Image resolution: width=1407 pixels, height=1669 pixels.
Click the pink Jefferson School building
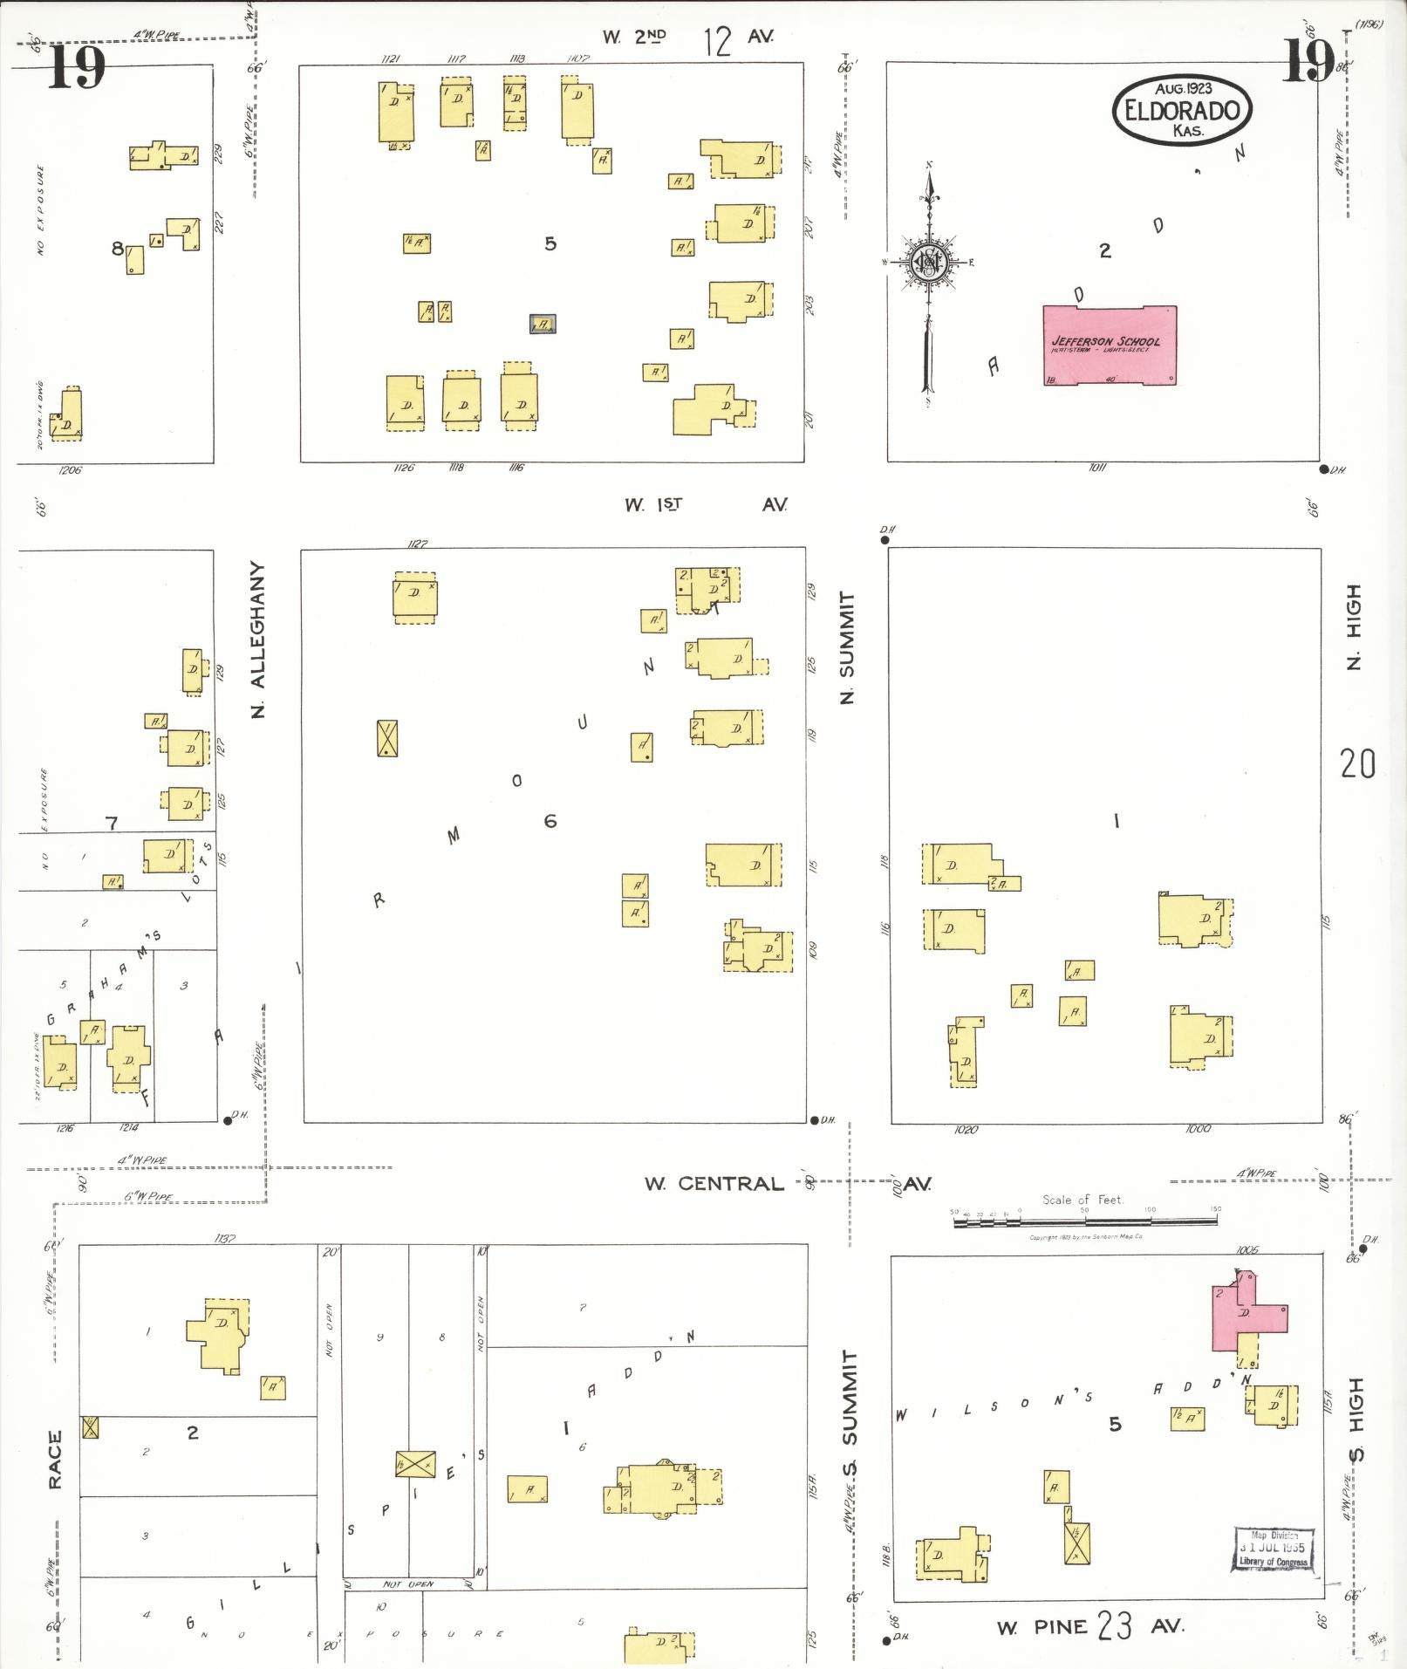coord(1109,345)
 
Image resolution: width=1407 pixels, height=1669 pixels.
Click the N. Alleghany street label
coord(258,640)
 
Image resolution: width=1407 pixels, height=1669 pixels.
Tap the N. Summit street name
coord(846,646)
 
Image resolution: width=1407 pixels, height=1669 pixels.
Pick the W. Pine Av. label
coord(1090,1626)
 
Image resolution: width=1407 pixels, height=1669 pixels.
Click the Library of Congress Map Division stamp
coord(1273,1549)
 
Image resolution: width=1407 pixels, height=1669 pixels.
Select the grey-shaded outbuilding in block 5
coord(543,324)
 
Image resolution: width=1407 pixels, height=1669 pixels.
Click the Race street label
coord(55,1459)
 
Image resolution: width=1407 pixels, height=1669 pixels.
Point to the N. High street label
coord(1353,626)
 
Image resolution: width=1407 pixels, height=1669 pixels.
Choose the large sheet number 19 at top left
coord(77,67)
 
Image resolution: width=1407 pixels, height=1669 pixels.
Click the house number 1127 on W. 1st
coord(417,544)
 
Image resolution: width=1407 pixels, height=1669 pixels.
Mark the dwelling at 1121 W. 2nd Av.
coord(395,111)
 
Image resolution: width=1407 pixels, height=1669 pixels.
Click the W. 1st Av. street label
coord(705,504)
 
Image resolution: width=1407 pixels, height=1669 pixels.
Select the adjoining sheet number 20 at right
coord(1358,764)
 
